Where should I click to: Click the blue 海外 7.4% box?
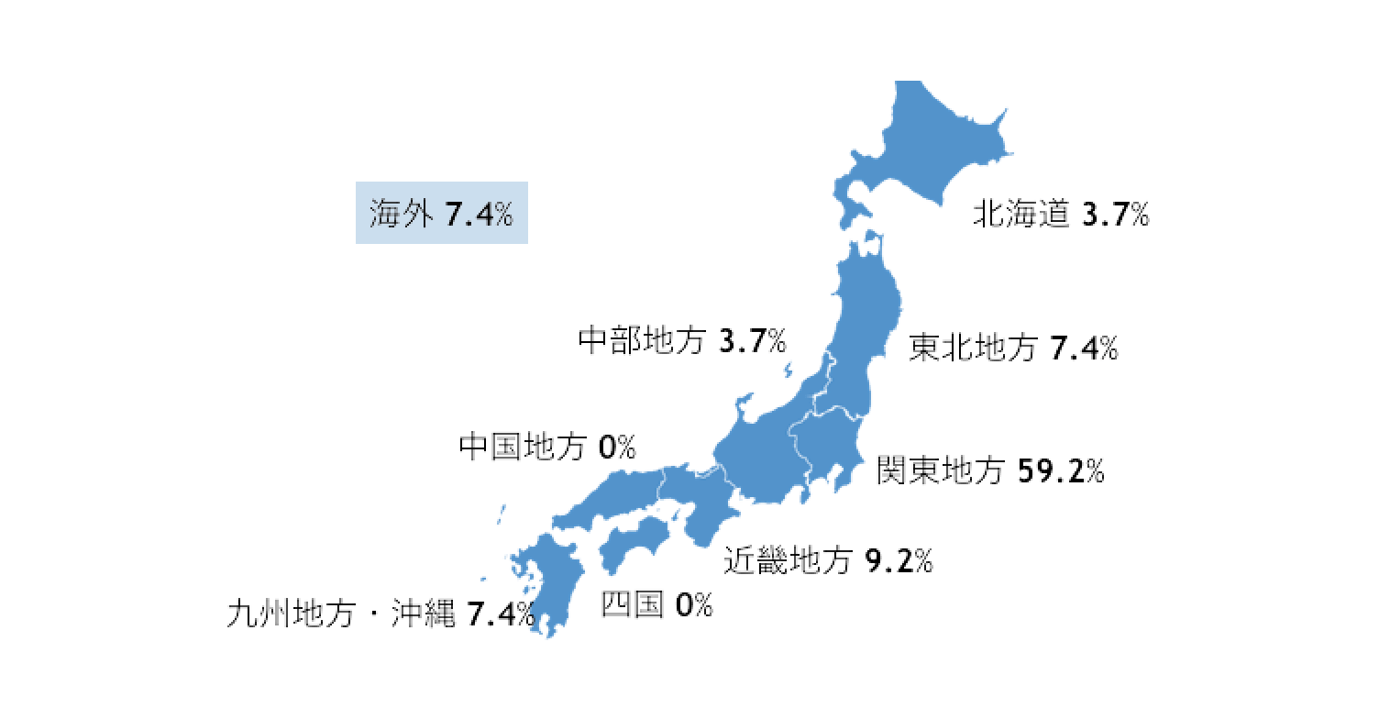tap(441, 214)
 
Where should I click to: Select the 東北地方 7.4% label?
tap(1012, 348)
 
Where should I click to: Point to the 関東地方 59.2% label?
tap(990, 470)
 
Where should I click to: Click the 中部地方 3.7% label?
tap(682, 341)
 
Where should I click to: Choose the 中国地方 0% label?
tap(547, 448)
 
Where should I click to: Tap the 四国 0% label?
tap(656, 604)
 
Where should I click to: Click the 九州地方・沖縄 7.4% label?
tap(381, 614)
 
